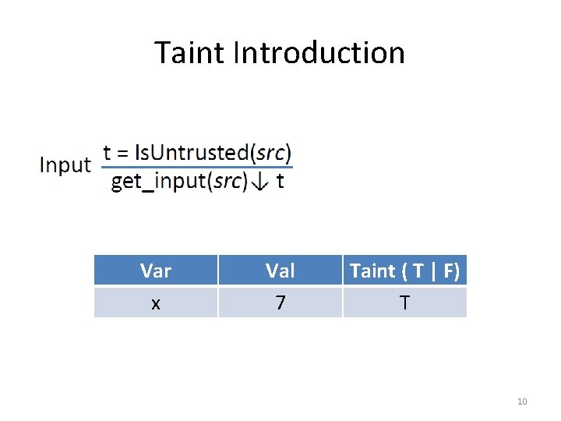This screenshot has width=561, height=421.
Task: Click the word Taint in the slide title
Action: pos(189,53)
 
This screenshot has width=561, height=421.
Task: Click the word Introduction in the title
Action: pos(319,53)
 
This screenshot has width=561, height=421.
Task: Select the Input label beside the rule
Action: pos(65,165)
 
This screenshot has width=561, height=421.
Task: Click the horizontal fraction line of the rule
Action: pos(197,166)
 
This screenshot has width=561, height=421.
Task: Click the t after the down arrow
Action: pos(280,182)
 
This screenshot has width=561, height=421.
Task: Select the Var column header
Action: pos(156,271)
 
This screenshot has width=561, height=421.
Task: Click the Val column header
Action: pos(280,271)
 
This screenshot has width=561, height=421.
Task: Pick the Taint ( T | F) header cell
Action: pos(404,271)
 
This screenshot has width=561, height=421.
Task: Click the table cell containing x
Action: pos(156,302)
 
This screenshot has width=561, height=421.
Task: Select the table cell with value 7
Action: pos(280,302)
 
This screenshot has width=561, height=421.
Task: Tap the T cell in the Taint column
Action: pos(404,302)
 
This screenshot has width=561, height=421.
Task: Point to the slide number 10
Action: pos(522,402)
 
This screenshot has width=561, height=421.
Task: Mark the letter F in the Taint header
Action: pos(450,271)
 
